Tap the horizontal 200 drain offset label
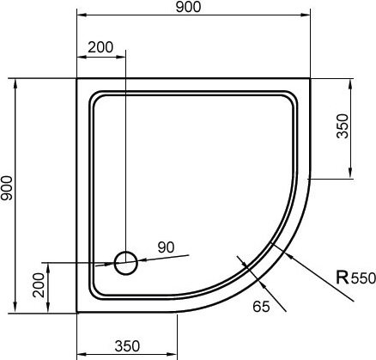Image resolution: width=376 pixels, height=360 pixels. (x=100, y=47)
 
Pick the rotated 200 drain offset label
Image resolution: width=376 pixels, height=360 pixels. (x=38, y=285)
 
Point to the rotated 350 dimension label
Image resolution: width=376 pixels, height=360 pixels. (x=343, y=128)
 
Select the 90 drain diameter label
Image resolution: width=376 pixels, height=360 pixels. (x=166, y=247)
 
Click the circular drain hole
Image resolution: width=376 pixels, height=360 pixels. (x=126, y=262)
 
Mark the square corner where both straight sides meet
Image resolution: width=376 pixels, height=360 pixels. (x=78, y=80)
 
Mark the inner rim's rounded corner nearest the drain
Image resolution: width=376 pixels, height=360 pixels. (x=96, y=288)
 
